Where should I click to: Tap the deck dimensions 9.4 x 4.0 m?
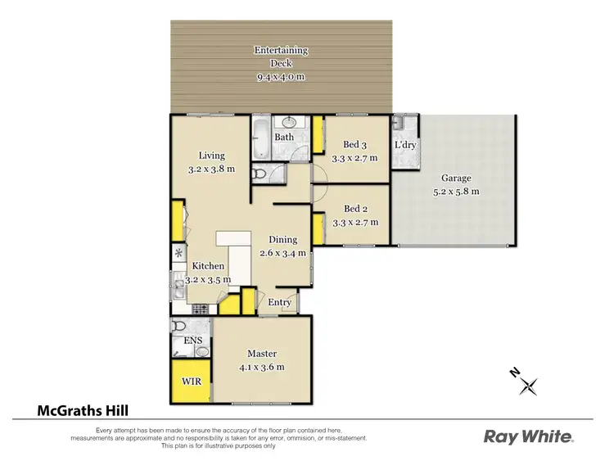click(x=281, y=78)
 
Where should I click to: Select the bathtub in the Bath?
click(x=260, y=139)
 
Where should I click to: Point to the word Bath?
click(x=284, y=137)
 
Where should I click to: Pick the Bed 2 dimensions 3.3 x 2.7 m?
click(x=354, y=221)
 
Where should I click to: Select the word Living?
click(x=211, y=156)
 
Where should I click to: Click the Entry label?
click(x=280, y=302)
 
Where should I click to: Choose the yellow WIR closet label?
click(x=191, y=382)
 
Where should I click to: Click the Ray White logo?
click(x=528, y=436)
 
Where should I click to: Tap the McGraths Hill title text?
click(x=82, y=411)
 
